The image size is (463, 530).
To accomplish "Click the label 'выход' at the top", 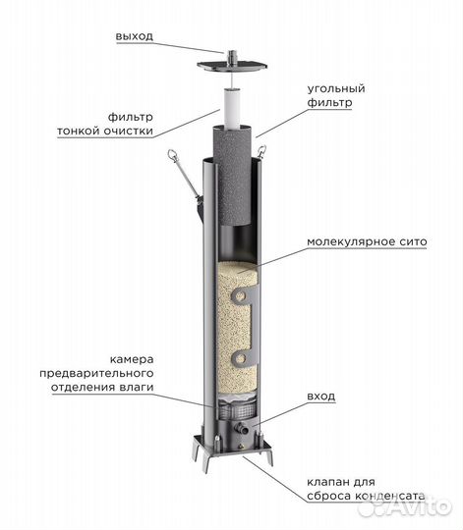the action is (x=135, y=36).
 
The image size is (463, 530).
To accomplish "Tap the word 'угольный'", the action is (x=336, y=89).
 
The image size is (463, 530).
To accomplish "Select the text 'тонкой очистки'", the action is (x=105, y=131).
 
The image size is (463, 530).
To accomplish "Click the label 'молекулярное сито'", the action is (x=367, y=241).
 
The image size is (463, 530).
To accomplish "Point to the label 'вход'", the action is (x=320, y=396).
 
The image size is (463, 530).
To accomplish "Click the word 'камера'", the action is (x=132, y=359).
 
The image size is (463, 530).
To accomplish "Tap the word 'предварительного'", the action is (x=96, y=374).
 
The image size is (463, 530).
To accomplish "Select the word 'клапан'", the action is (x=326, y=482).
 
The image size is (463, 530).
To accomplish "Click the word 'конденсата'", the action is (x=389, y=497).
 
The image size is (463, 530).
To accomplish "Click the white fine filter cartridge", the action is (x=232, y=108).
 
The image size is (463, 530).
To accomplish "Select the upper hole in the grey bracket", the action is (x=241, y=296).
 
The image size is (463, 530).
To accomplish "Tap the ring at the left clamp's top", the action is (x=172, y=155).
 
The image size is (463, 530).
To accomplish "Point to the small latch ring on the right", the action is (x=261, y=151).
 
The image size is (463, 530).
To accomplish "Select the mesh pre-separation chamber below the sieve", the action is (x=236, y=409).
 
